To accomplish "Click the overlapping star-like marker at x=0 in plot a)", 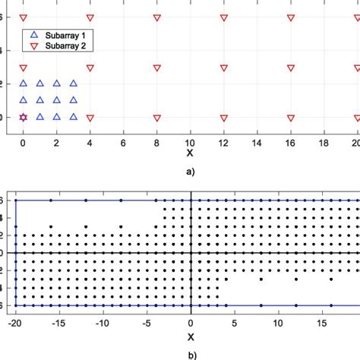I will click(x=23, y=117).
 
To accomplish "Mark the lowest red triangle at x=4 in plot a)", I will click(x=90, y=118).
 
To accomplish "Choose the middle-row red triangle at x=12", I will click(x=224, y=68).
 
